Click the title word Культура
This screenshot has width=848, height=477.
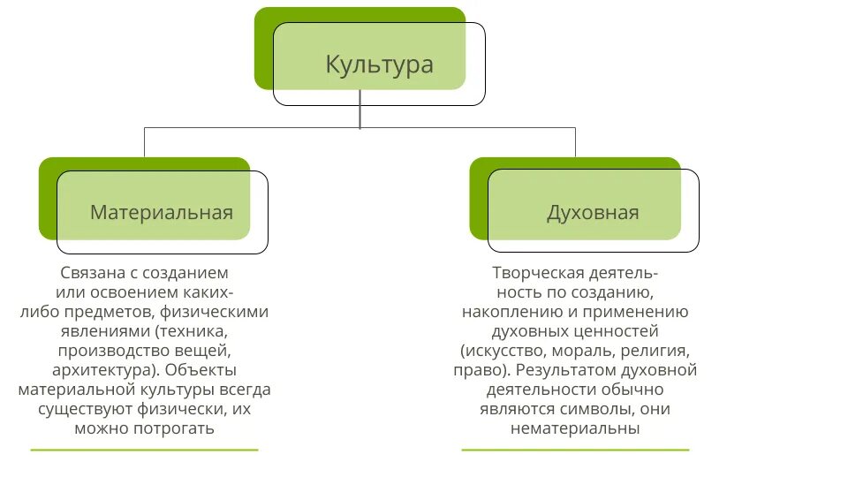[x=379, y=64]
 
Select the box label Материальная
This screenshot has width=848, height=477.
[x=162, y=212]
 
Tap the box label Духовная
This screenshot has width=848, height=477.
[x=593, y=212]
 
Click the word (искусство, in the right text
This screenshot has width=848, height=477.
[x=501, y=351]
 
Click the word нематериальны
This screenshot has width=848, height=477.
[x=574, y=428]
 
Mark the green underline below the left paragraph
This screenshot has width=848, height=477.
[x=144, y=450]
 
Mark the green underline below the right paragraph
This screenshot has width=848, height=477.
[x=575, y=450]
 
